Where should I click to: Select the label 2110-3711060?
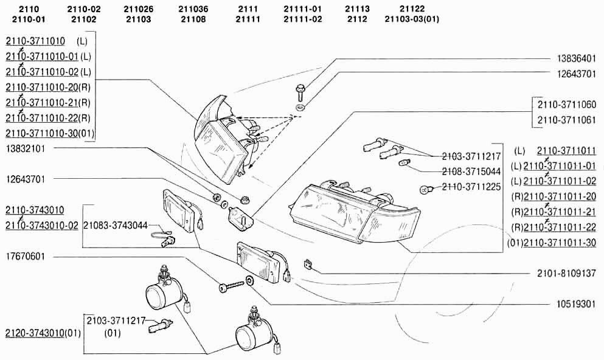(x=566, y=105)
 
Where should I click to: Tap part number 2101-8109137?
(x=566, y=274)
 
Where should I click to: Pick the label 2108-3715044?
(x=471, y=171)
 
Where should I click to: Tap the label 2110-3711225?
(x=471, y=187)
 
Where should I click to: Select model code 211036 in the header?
(x=194, y=9)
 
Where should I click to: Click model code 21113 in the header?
(x=357, y=9)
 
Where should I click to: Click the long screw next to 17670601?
(x=228, y=286)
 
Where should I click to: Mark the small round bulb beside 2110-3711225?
(x=426, y=190)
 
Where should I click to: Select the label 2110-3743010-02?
(x=42, y=226)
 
